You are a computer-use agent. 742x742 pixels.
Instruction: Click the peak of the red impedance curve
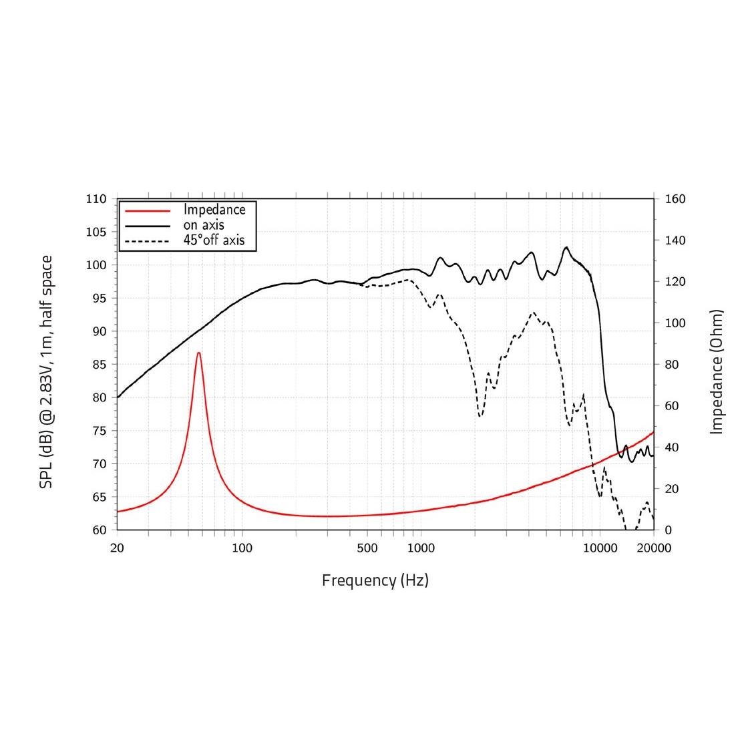(198, 353)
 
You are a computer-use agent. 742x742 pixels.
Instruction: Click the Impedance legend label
(214, 210)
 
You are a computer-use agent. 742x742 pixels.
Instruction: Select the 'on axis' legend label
(204, 225)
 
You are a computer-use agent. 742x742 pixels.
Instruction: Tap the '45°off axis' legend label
(214, 240)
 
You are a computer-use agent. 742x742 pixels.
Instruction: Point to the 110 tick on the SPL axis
(96, 199)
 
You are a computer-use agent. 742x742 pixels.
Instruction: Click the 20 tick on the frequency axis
(118, 548)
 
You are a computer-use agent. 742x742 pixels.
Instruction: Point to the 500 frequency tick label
(367, 548)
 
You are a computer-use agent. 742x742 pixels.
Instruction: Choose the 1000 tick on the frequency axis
(421, 548)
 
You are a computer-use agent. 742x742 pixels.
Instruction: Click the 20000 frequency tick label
(654, 548)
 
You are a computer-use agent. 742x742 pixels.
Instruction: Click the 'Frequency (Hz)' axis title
(375, 580)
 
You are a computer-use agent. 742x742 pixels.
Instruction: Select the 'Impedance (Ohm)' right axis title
(717, 371)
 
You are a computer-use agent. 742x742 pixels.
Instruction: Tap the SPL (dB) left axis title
(45, 372)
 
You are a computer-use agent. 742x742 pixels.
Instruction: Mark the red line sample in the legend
(148, 210)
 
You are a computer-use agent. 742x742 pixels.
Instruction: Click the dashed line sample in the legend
(148, 240)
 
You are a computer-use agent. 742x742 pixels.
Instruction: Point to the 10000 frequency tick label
(600, 548)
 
